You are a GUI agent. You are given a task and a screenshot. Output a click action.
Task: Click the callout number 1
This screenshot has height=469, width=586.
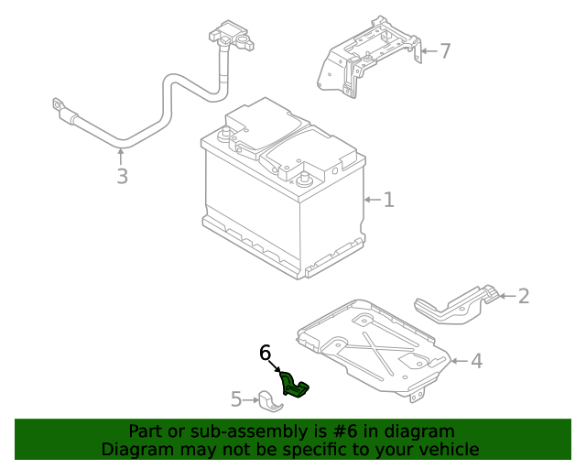[x=388, y=200]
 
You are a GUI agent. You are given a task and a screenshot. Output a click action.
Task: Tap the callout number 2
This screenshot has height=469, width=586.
[x=523, y=296]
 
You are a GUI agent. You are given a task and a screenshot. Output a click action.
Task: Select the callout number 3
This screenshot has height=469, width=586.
[x=122, y=176]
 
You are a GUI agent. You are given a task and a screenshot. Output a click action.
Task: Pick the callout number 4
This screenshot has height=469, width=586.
[x=475, y=361]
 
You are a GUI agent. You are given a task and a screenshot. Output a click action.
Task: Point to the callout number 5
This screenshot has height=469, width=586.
[x=235, y=399]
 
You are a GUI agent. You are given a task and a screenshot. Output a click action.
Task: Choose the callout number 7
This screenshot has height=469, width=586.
[x=445, y=51]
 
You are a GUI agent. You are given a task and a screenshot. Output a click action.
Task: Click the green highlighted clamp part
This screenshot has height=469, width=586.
[x=296, y=386]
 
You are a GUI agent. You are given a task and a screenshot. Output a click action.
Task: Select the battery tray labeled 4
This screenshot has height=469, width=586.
[x=375, y=344]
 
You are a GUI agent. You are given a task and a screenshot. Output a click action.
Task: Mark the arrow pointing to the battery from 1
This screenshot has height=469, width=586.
[x=371, y=200]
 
